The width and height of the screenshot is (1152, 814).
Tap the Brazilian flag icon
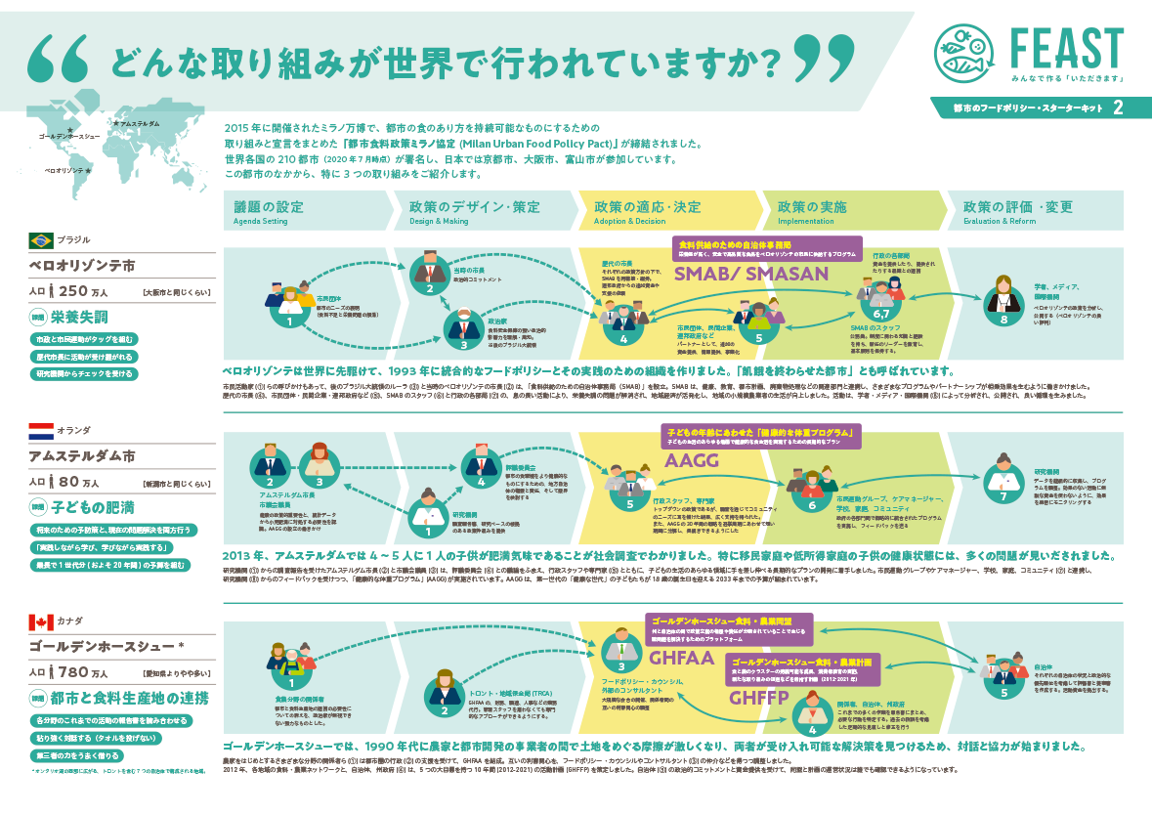point(42,239)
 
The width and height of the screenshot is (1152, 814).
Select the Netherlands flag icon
point(42,431)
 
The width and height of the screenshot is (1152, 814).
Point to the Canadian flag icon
point(42,621)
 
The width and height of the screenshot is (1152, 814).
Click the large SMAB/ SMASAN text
point(750,275)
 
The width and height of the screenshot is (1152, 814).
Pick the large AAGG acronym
point(693,461)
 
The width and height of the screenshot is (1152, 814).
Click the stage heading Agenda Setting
point(261,222)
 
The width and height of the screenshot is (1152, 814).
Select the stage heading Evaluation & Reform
point(1001,222)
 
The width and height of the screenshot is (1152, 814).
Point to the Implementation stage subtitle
point(806,222)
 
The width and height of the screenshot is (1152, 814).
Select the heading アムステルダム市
point(96,456)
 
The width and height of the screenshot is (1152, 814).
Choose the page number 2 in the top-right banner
point(1117,106)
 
